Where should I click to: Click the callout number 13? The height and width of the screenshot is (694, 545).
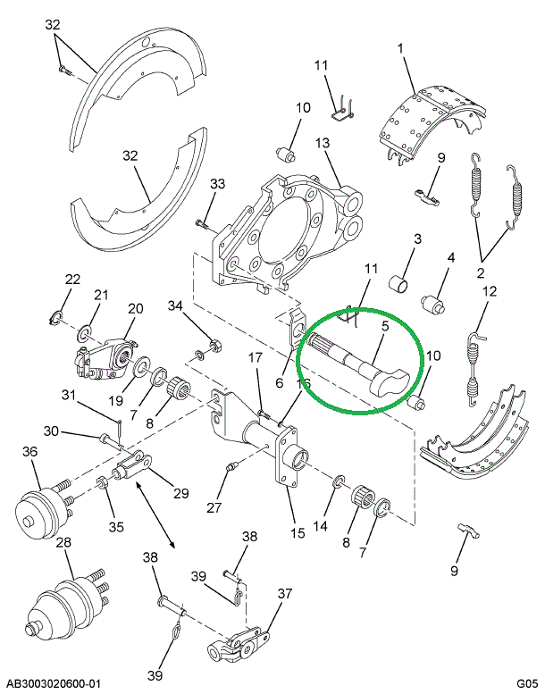pyautogui.click(x=323, y=143)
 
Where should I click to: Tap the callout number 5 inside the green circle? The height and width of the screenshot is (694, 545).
pyautogui.click(x=385, y=326)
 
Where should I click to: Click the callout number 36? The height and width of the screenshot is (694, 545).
pyautogui.click(x=30, y=452)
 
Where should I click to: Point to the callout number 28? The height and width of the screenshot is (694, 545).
pyautogui.click(x=63, y=543)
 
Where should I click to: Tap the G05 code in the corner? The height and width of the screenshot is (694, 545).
pyautogui.click(x=527, y=684)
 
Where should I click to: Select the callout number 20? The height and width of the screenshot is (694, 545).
pyautogui.click(x=136, y=308)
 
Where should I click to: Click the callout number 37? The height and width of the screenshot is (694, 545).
pyautogui.click(x=285, y=594)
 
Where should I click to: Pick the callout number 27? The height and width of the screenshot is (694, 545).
pyautogui.click(x=214, y=507)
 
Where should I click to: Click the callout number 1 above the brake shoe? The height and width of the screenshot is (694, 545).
pyautogui.click(x=400, y=48)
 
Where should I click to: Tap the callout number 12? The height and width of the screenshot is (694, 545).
pyautogui.click(x=490, y=291)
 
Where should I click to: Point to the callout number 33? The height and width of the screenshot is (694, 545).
pyautogui.click(x=217, y=184)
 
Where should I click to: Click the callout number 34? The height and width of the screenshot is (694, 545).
pyautogui.click(x=175, y=305)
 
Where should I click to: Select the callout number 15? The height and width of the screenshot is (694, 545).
pyautogui.click(x=298, y=533)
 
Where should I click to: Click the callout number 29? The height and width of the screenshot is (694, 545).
pyautogui.click(x=181, y=493)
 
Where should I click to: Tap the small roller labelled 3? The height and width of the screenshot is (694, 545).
pyautogui.click(x=398, y=283)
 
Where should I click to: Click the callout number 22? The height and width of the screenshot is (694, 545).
pyautogui.click(x=72, y=280)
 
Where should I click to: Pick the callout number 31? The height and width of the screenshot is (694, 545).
pyautogui.click(x=69, y=395)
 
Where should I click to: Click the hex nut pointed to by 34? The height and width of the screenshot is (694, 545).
pyautogui.click(x=214, y=345)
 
